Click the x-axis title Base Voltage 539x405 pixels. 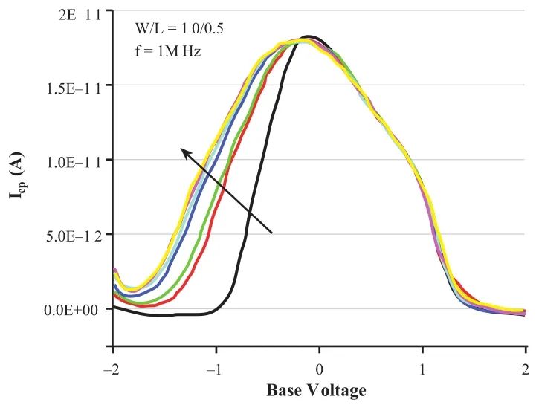(x=317, y=389)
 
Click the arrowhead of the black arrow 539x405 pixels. (x=183, y=151)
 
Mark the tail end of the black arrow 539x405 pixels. (x=272, y=233)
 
